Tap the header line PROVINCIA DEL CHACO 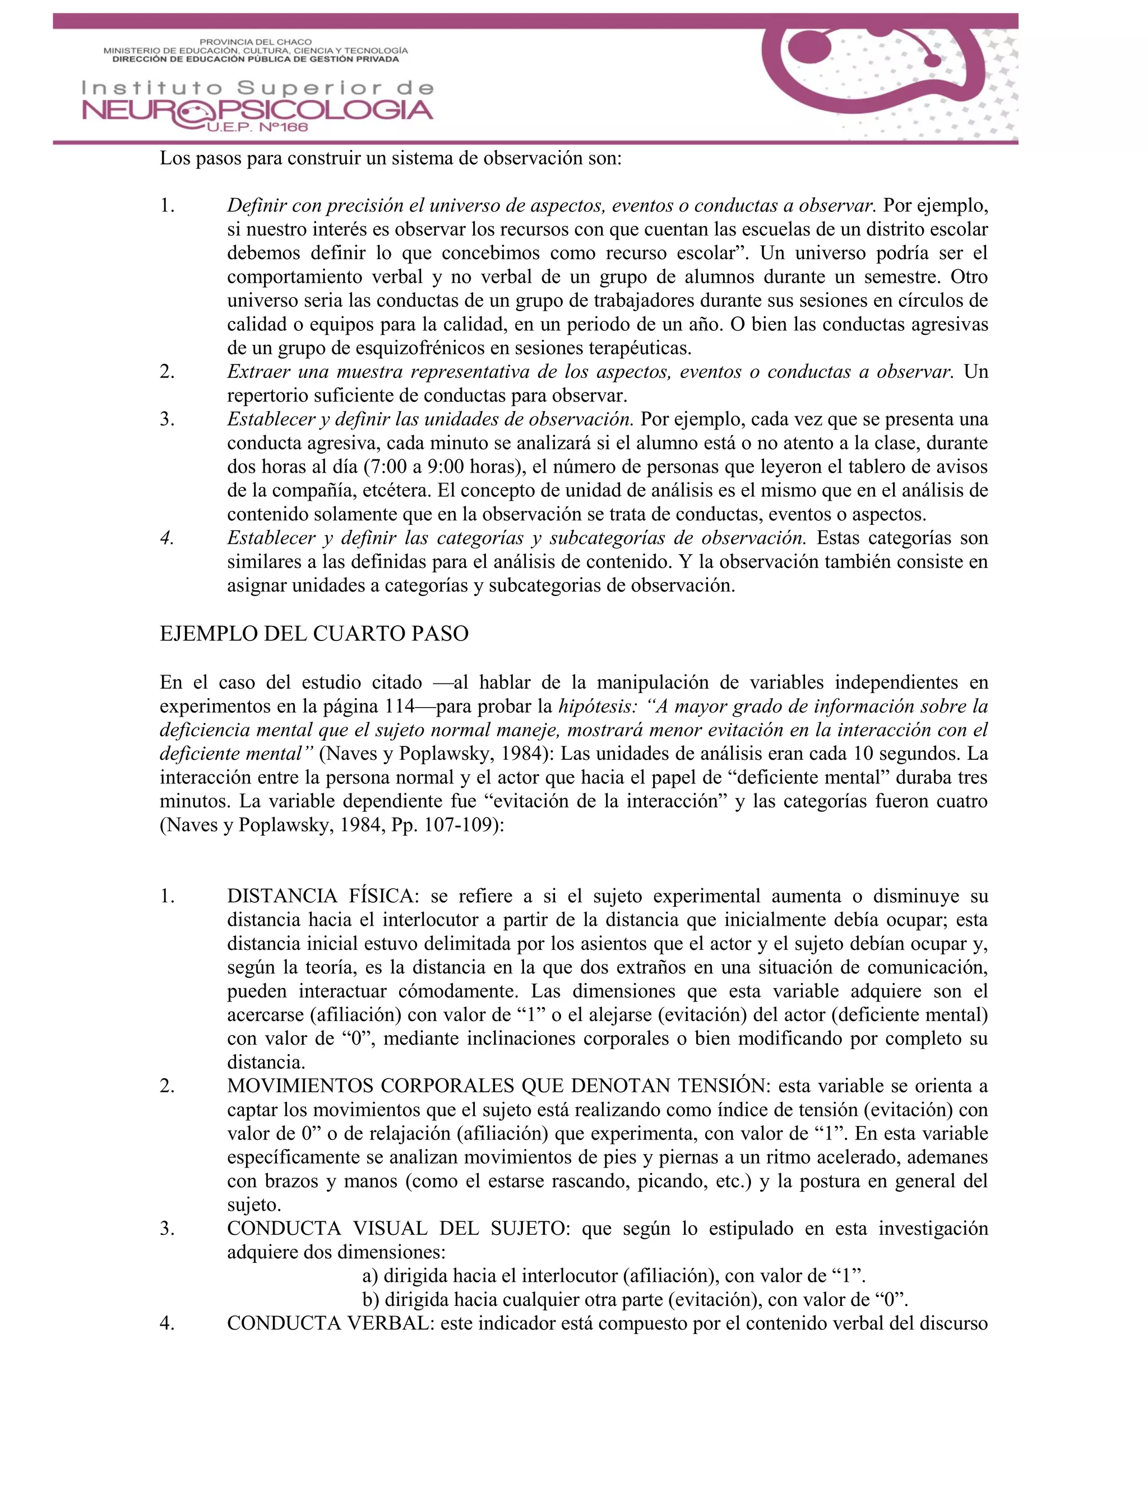tap(256, 42)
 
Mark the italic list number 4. tap(166, 538)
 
